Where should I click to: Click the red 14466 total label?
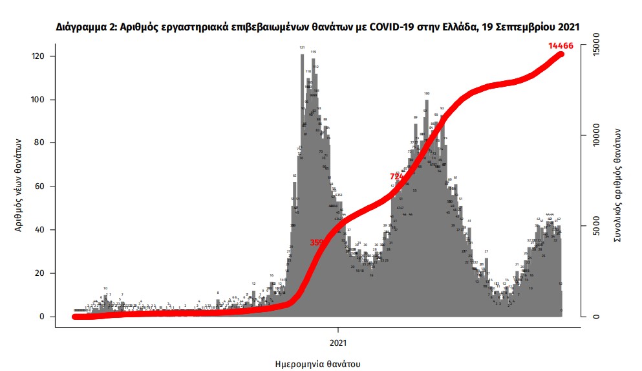click(x=561, y=45)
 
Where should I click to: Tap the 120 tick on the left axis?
click(x=38, y=57)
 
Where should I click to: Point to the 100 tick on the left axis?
click(x=38, y=100)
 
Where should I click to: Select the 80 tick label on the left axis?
click(x=40, y=144)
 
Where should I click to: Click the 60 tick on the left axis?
click(x=40, y=187)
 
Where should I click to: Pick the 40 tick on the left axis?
click(x=40, y=230)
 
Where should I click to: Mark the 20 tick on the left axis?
click(x=40, y=274)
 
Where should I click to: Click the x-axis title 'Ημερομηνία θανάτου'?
click(x=317, y=363)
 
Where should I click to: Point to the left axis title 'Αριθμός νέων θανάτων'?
click(x=19, y=185)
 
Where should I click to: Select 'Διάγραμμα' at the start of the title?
click(x=81, y=27)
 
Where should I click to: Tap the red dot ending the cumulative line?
click(x=561, y=54)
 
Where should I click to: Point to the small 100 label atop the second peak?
click(x=427, y=93)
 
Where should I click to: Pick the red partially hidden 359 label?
click(x=317, y=243)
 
